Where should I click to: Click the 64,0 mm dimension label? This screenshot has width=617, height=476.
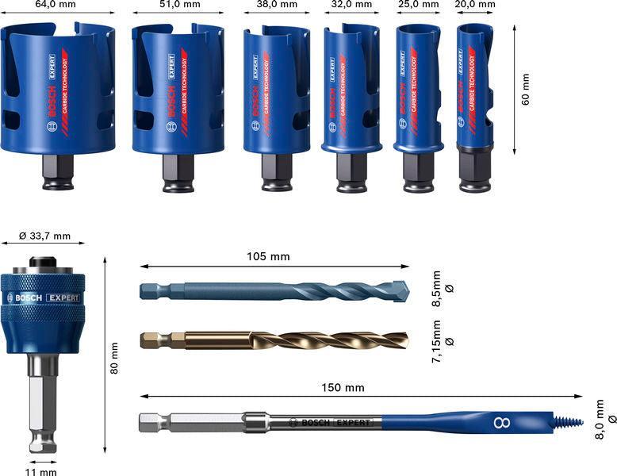point(56,5)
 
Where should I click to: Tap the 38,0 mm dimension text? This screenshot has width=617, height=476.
point(277,5)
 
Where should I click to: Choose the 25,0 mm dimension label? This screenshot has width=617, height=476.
point(418,5)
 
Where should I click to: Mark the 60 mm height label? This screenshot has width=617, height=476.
point(526,88)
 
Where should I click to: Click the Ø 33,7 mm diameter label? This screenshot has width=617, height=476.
point(44,236)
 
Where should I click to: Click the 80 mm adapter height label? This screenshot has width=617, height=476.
point(114,359)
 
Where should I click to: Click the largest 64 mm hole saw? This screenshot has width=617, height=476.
point(57,91)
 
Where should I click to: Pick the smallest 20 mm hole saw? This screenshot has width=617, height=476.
point(474,87)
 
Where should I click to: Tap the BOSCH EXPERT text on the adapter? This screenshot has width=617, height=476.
point(44,298)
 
